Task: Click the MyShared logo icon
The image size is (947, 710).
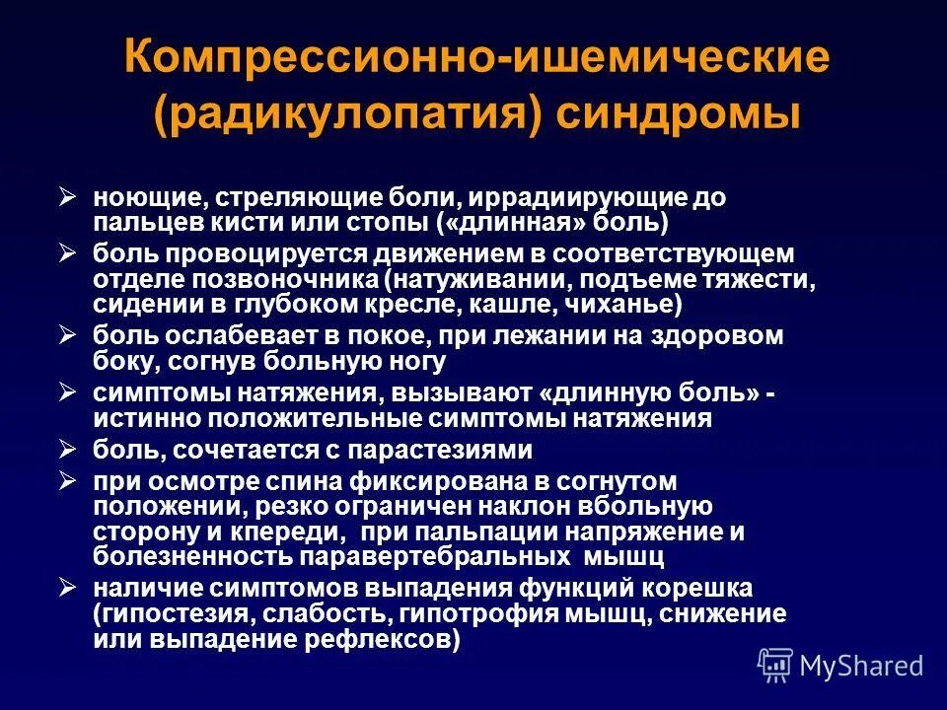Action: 774,665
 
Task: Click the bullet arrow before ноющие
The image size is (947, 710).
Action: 67,196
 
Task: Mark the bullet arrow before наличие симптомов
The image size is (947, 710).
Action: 67,588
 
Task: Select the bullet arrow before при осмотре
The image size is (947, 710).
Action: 67,481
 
